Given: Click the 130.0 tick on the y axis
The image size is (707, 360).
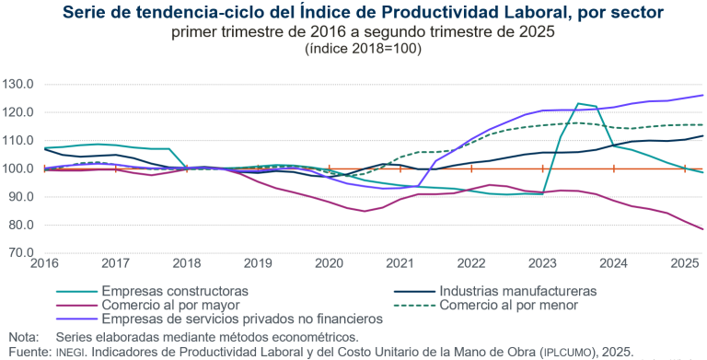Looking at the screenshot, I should click(18, 85).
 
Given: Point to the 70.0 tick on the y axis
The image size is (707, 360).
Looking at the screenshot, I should click(20, 253).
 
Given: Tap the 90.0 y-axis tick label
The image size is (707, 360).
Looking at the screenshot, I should click(20, 197).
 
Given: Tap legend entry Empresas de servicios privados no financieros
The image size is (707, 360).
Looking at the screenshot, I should click(241, 319).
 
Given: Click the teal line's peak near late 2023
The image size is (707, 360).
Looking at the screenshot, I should click(578, 104).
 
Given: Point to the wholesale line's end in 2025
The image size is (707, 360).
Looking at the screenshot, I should click(703, 229).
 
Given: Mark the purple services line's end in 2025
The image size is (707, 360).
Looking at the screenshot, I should click(703, 96).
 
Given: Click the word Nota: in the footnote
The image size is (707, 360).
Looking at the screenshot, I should click(24, 337).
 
